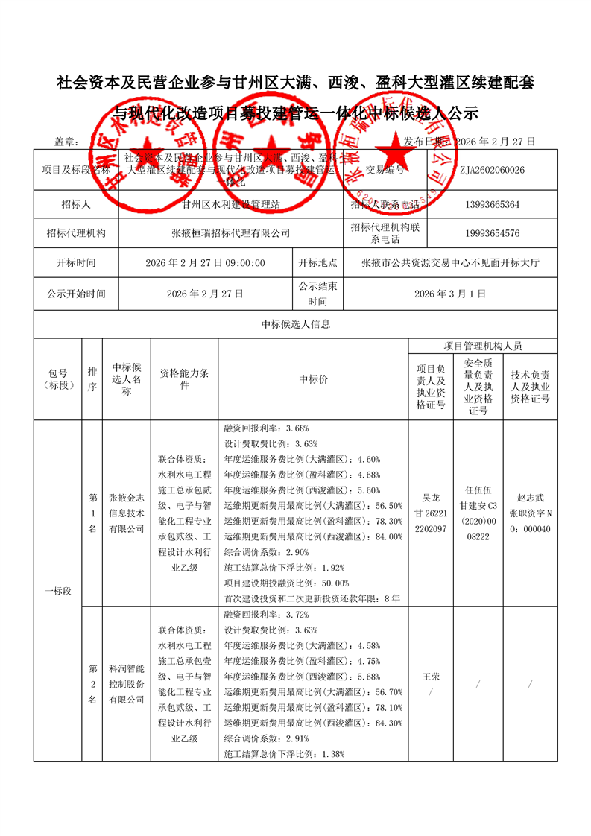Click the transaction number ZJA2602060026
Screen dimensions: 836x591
point(492,170)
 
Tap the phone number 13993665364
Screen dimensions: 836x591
point(492,204)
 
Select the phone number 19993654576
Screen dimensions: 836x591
point(492,233)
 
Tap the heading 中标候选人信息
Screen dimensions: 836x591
point(295,324)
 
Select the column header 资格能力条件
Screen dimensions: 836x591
point(184,379)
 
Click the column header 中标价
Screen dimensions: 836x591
point(313,379)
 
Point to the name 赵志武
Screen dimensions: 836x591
point(530,498)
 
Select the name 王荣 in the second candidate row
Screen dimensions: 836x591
point(431,676)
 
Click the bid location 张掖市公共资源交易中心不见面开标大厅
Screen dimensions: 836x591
point(450,263)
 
